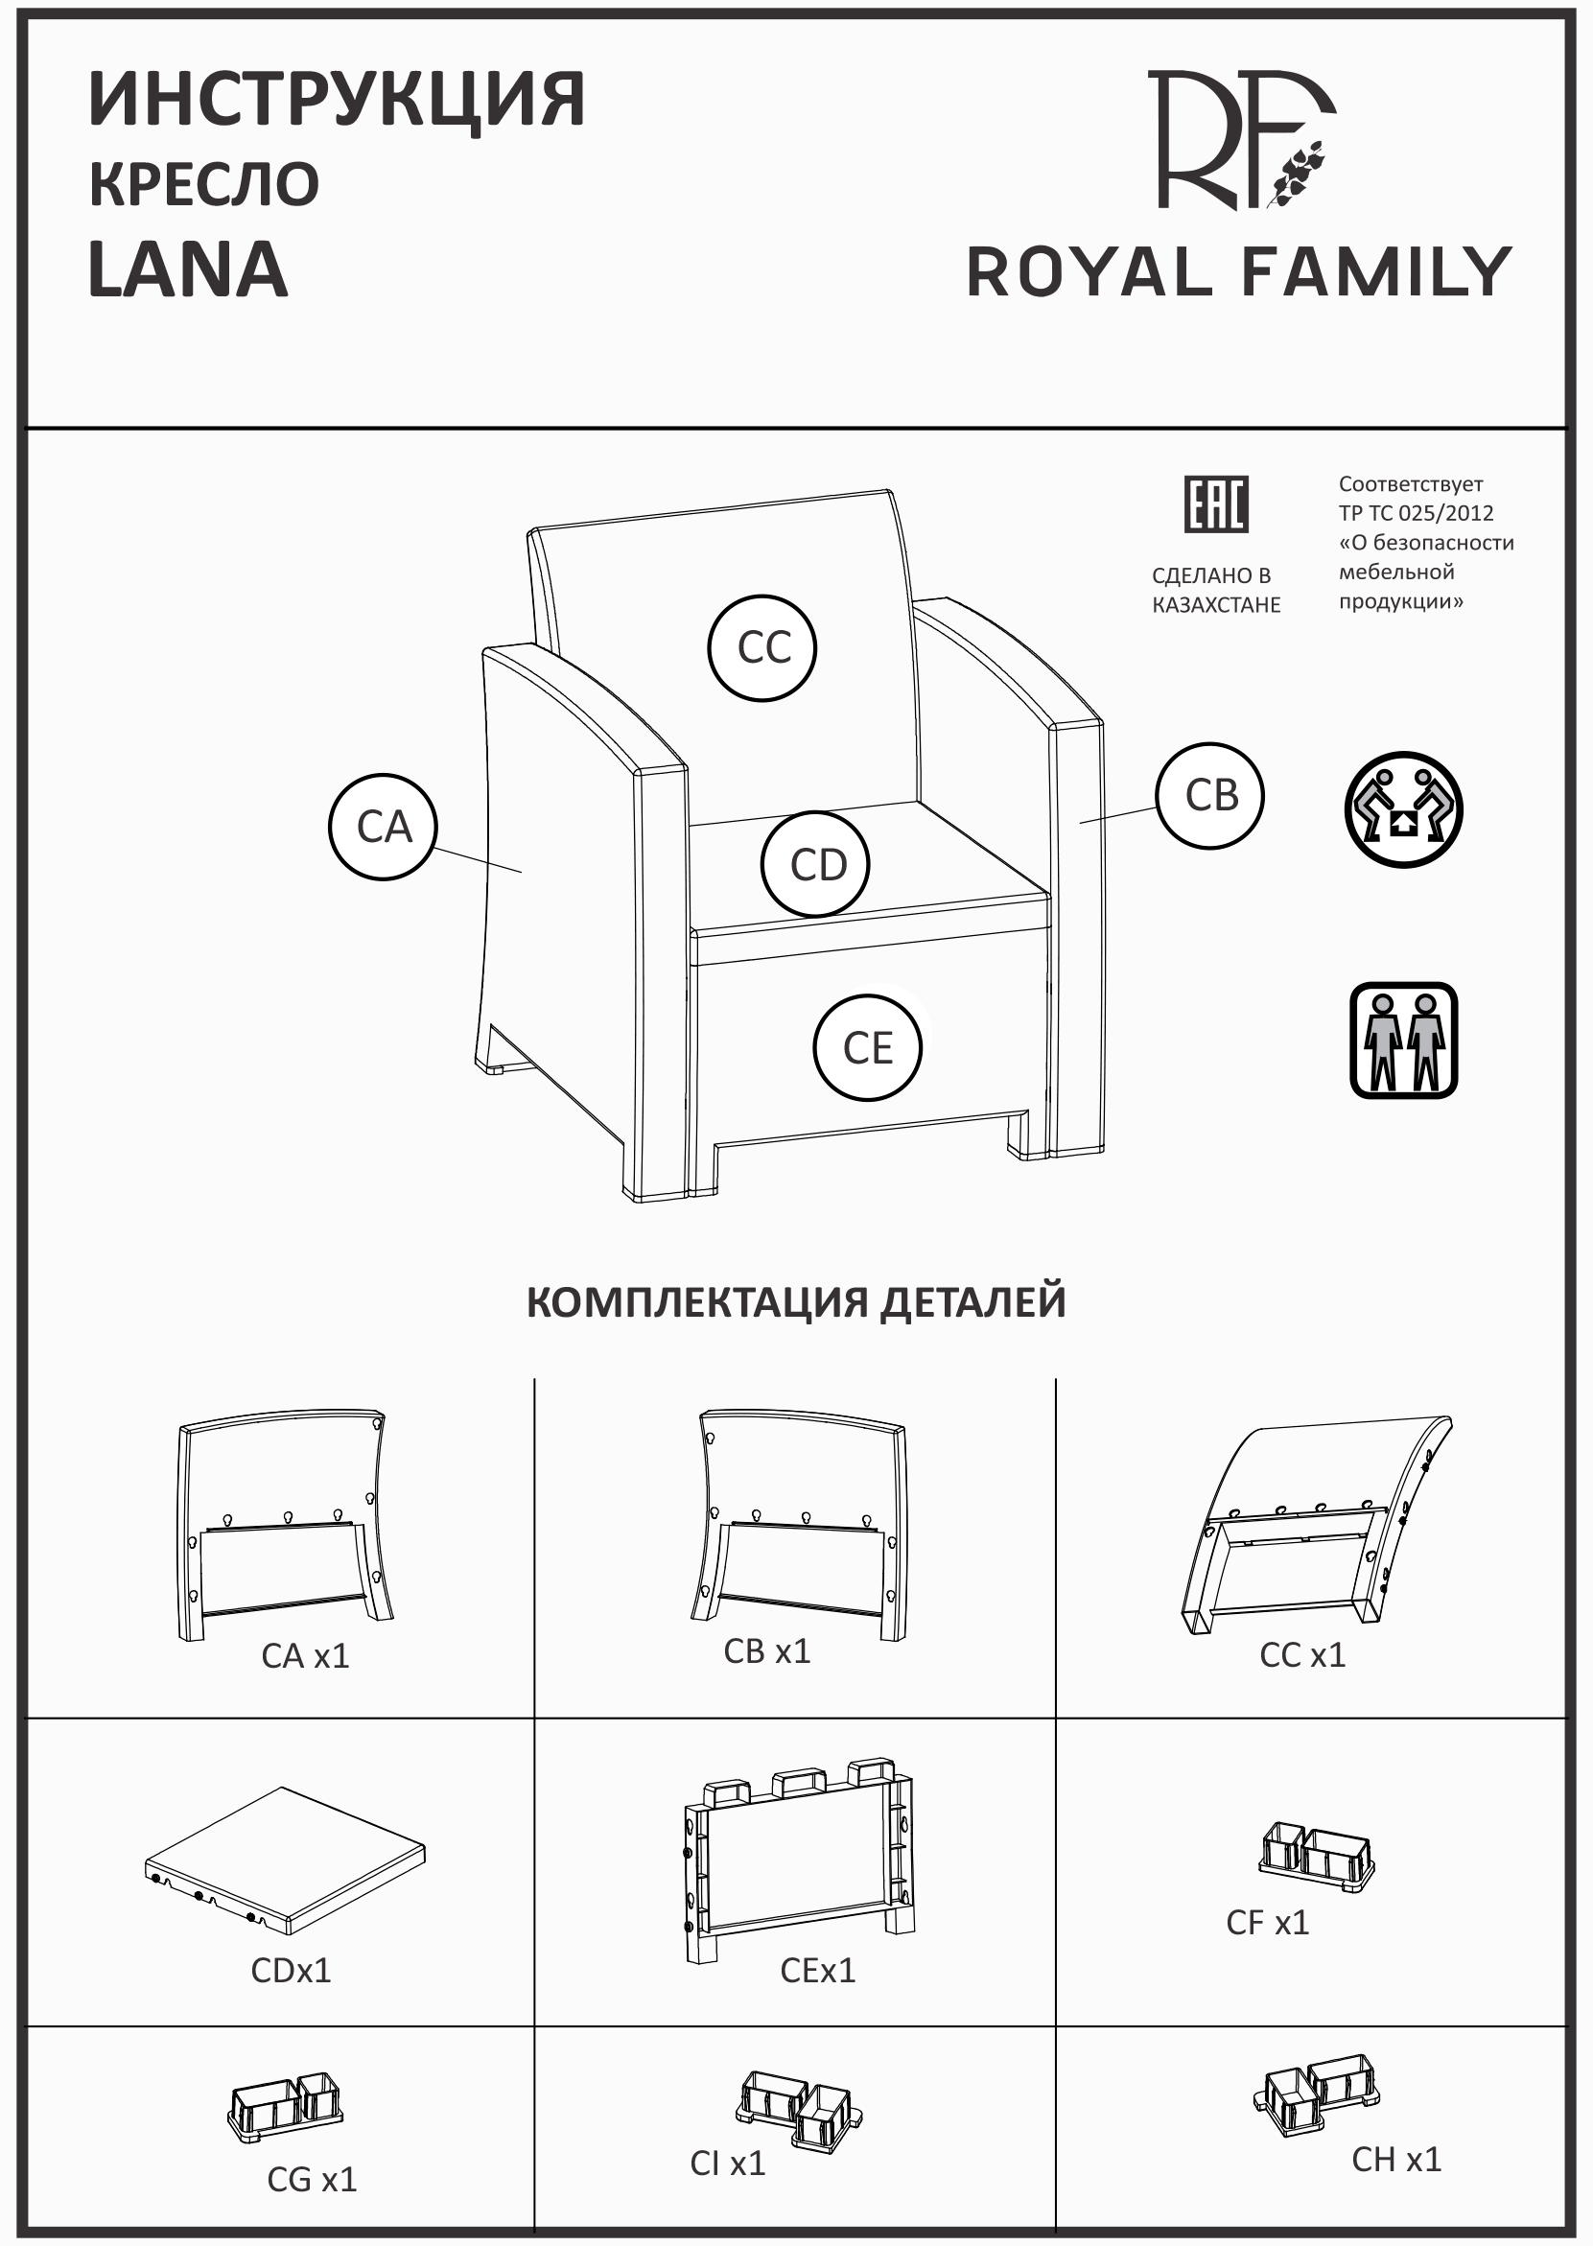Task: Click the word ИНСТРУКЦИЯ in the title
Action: [x=337, y=99]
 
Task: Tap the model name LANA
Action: [x=187, y=269]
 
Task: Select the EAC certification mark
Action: [x=1215, y=504]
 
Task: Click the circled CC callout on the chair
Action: [x=762, y=648]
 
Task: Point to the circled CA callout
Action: [x=383, y=827]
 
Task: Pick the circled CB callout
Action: [x=1210, y=795]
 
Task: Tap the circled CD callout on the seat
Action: [x=816, y=865]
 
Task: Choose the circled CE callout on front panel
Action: [x=867, y=1048]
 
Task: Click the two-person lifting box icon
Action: [x=1403, y=809]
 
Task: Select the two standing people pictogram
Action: [x=1403, y=1041]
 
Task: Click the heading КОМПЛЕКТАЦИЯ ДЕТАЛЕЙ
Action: [x=795, y=1302]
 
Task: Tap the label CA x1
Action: [x=305, y=1656]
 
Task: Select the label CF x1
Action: [x=1267, y=1924]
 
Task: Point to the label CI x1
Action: [x=727, y=2164]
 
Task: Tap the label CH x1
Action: [x=1395, y=2160]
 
